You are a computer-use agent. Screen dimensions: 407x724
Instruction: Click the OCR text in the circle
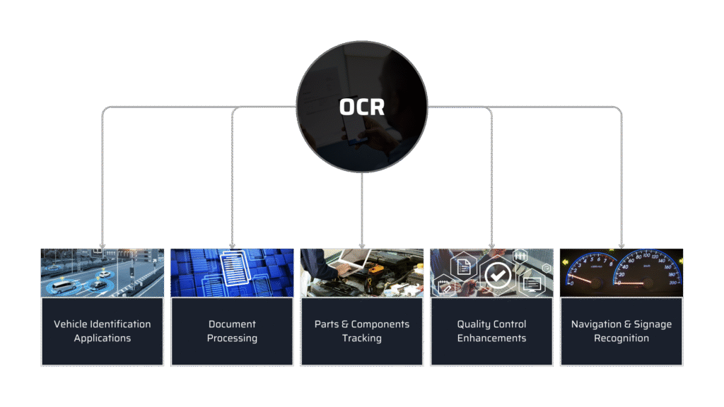(x=361, y=107)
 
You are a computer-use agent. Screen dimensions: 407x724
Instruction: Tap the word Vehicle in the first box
(x=71, y=324)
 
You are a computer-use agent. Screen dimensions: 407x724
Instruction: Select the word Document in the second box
(x=232, y=324)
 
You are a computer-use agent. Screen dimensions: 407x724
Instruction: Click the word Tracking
(x=362, y=338)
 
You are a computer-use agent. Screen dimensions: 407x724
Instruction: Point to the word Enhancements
(x=491, y=338)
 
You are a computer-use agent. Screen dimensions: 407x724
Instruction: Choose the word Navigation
(x=596, y=324)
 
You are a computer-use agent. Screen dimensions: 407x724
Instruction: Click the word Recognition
(x=621, y=338)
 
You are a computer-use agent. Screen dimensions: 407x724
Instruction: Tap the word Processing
(x=232, y=338)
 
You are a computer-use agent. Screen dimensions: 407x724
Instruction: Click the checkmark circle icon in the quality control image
(x=498, y=275)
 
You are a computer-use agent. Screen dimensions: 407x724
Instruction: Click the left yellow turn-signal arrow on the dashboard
(x=565, y=262)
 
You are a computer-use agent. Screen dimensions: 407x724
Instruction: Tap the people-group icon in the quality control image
(x=520, y=255)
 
